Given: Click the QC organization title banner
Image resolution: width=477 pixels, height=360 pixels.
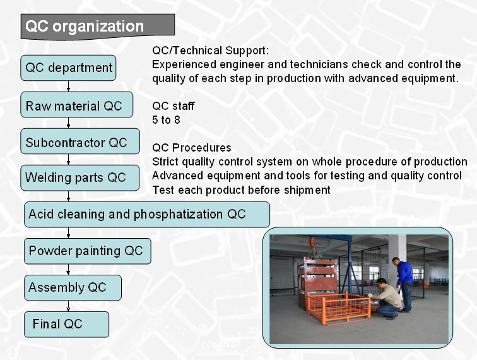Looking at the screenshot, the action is (98, 27).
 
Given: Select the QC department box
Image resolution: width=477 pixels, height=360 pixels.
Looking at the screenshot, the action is (68, 68).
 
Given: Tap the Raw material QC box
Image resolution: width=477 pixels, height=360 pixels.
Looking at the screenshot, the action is (77, 105).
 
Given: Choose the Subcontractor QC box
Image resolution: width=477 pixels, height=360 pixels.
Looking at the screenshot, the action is (80, 141).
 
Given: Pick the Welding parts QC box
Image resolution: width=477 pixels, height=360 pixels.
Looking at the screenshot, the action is (80, 178).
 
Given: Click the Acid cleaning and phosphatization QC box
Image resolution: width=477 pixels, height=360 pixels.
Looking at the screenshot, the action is (147, 214).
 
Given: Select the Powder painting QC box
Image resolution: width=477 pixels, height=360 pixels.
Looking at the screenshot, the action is (88, 251).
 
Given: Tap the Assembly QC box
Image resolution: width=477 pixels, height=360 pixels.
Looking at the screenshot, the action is (73, 288).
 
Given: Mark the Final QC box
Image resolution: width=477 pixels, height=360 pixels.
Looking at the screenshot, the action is (66, 325).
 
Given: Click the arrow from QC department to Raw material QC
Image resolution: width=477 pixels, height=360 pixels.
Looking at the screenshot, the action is (68, 86).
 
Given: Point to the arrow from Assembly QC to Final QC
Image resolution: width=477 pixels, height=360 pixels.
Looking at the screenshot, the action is (68, 306).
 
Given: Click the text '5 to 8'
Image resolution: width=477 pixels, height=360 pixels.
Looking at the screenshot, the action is (166, 120).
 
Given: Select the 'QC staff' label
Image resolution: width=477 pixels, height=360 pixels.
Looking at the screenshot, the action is (174, 106).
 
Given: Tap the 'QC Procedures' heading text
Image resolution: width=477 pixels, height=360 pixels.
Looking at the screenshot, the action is (192, 148).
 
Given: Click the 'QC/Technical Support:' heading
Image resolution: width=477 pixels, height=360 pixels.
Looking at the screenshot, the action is (211, 51).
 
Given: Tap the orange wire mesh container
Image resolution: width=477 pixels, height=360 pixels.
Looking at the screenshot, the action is (338, 307).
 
